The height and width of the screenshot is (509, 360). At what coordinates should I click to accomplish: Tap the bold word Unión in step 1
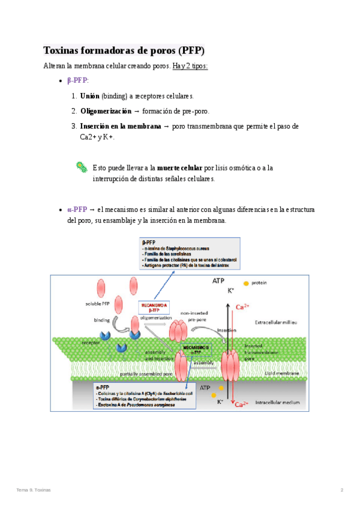(x=89, y=96)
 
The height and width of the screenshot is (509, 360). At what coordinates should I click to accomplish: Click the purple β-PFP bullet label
(x=77, y=80)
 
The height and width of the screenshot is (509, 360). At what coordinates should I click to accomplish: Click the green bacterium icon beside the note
(x=82, y=167)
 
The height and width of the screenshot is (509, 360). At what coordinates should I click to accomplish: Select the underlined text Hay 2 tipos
(x=190, y=65)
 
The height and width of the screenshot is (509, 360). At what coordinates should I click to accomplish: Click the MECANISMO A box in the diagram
(x=154, y=308)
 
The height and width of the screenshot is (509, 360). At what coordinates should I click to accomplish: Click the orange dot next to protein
(x=245, y=283)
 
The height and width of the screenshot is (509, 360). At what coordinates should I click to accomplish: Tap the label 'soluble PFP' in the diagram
(x=98, y=303)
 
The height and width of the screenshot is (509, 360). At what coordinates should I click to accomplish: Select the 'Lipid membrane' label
(x=283, y=373)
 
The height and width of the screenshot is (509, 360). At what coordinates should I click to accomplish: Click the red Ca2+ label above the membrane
(x=242, y=307)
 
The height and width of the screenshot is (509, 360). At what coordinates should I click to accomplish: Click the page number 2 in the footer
(x=342, y=490)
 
